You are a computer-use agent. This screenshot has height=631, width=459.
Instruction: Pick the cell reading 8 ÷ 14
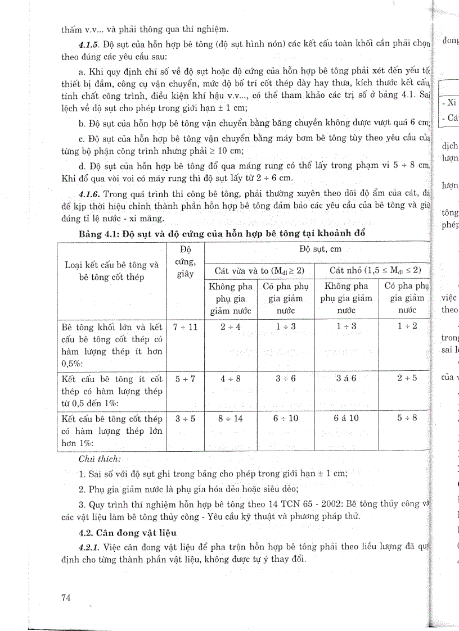[x=230, y=419]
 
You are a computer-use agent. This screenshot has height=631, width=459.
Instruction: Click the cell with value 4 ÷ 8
[x=230, y=378]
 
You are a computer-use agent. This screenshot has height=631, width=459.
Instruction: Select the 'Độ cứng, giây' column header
[x=185, y=261]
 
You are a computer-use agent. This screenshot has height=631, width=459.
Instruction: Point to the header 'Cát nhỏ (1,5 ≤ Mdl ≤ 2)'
[x=372, y=270]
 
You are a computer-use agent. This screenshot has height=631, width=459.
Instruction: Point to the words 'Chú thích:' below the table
[x=100, y=459]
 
